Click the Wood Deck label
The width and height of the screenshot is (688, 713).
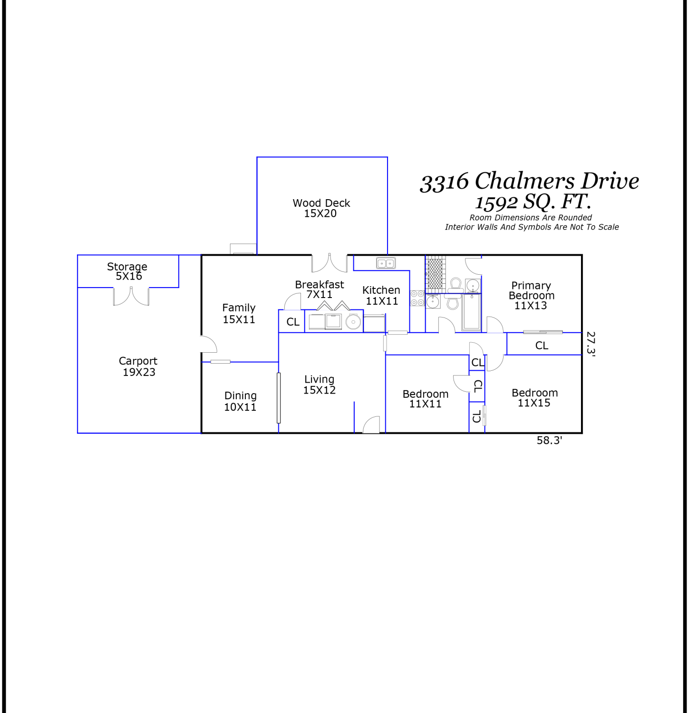pos(321,208)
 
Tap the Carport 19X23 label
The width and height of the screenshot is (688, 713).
pos(138,366)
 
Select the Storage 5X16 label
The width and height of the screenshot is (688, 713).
pos(127,271)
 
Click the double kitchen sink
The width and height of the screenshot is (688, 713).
pos(386,263)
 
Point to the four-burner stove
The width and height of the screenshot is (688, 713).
pos(417,298)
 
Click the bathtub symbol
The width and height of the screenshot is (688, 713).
pos(472,312)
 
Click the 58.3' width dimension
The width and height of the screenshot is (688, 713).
pos(549,440)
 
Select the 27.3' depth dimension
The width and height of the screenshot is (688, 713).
pos(591,343)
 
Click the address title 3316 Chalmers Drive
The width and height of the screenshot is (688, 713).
pos(529,181)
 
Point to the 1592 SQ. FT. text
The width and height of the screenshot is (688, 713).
pos(533,202)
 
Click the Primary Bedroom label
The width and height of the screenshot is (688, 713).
pos(531,295)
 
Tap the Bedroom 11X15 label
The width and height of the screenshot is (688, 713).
pos(534,398)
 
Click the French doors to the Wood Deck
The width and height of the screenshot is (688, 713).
pos(329,263)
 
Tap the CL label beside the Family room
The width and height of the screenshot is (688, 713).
pos(293,322)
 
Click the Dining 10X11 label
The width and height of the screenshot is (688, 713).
pos(240,401)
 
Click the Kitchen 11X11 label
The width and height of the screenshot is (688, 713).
pos(381,295)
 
